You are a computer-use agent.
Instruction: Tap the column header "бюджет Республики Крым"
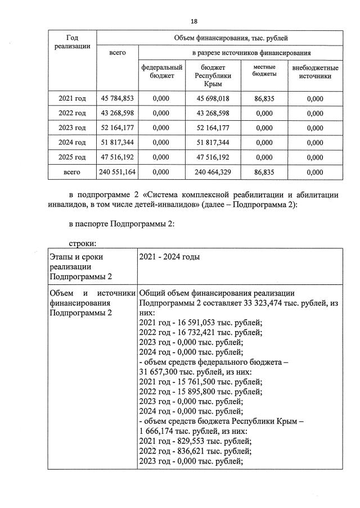[209, 75]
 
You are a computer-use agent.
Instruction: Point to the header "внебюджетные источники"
[315, 71]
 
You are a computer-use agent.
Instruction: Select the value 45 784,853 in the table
[117, 99]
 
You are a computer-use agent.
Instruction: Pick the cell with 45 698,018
[209, 99]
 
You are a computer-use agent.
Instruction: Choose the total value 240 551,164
[117, 173]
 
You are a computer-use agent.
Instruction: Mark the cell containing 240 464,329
[209, 173]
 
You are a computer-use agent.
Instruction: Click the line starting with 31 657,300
[191, 371]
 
